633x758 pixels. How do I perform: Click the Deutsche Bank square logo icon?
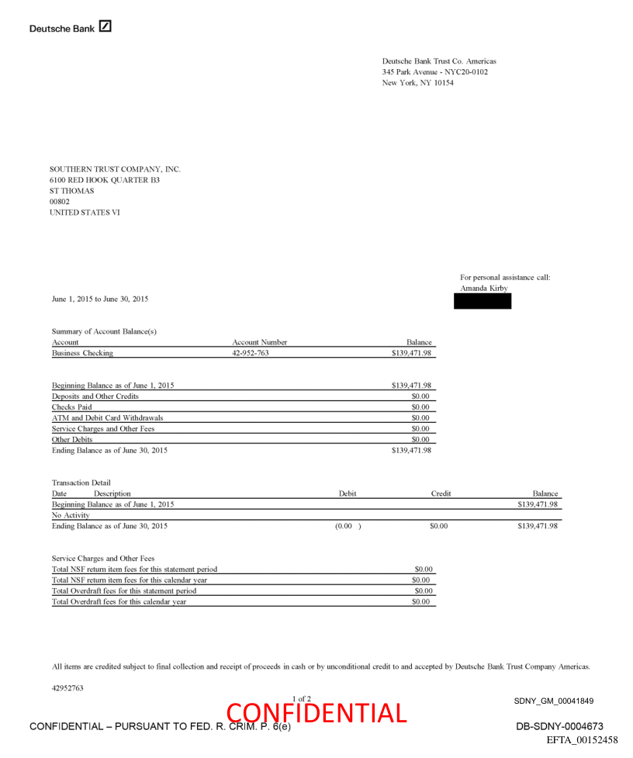[105, 26]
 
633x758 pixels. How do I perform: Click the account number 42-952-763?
[250, 353]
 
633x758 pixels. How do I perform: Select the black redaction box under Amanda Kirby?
[483, 301]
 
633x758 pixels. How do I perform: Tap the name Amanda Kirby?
[484, 288]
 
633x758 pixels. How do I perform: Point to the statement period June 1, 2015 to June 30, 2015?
[100, 299]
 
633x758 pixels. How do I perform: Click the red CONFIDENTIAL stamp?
[316, 712]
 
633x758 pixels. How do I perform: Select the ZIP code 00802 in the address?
[60, 202]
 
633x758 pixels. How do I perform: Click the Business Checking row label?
[82, 353]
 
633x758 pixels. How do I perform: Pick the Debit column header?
[348, 493]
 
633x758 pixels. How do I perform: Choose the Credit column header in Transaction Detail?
[441, 493]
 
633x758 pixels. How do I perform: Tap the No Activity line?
[71, 515]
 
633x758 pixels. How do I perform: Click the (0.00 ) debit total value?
[348, 526]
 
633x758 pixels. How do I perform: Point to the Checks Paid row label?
[71, 407]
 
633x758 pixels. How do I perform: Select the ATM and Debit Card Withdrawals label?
[107, 417]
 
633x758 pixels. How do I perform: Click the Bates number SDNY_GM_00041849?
[553, 701]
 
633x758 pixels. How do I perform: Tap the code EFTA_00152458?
[582, 739]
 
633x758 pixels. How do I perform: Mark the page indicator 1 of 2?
[302, 699]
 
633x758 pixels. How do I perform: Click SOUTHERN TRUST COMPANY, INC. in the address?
[115, 169]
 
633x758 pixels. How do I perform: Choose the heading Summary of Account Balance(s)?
[104, 331]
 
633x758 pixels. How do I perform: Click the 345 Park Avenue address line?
[434, 72]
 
